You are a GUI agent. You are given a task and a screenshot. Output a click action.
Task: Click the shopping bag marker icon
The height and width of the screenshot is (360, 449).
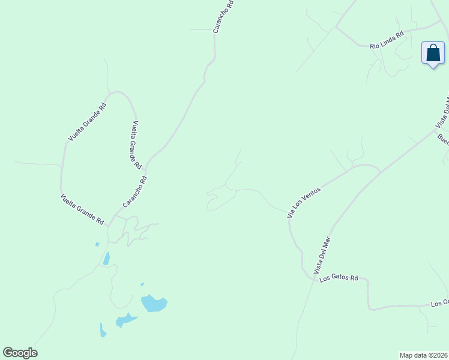tap(433, 53)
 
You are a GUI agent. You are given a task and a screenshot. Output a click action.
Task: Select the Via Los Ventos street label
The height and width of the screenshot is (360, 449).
tap(304, 202)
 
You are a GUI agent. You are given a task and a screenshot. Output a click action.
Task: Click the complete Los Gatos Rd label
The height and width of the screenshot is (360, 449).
tap(339, 278)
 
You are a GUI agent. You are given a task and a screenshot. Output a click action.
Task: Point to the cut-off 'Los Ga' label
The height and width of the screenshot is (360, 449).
tap(439, 304)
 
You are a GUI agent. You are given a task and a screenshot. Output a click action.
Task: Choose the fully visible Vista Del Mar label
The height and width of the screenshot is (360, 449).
tap(322, 255)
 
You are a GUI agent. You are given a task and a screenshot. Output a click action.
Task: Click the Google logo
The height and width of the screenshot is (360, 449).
tap(20, 353)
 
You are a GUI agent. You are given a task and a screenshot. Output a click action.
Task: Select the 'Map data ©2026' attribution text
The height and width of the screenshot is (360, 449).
tap(424, 355)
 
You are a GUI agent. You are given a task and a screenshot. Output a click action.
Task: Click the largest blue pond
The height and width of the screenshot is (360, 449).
tap(154, 303)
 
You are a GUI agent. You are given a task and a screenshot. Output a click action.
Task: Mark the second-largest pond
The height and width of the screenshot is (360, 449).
tap(126, 319)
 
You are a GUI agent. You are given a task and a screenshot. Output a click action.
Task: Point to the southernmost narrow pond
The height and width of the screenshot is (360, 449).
tap(103, 331)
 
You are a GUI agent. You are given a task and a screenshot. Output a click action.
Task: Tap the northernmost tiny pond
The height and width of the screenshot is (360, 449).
tap(97, 244)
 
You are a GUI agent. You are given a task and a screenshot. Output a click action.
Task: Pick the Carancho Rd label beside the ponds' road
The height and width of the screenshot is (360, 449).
tap(134, 192)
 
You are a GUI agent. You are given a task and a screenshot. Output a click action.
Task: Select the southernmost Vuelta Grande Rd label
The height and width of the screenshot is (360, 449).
tap(82, 209)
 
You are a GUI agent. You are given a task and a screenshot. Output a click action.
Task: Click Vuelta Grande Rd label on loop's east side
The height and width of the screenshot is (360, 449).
tap(136, 144)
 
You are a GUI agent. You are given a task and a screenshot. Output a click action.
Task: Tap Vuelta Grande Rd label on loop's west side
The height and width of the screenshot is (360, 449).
tap(86, 122)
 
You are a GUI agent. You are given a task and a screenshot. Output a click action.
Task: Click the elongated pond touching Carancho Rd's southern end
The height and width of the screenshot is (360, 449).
tap(106, 259)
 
